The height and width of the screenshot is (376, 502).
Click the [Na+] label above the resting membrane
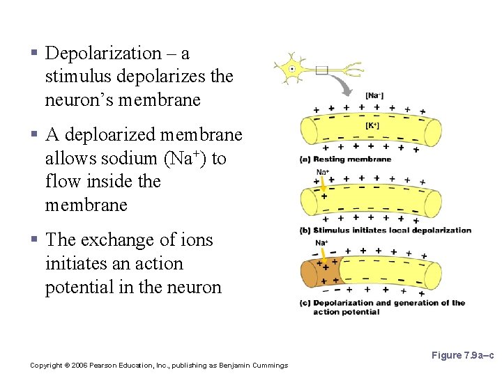[x=374, y=95]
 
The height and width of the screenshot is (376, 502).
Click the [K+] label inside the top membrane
[x=372, y=126]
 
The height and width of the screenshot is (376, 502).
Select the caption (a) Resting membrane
[x=345, y=159]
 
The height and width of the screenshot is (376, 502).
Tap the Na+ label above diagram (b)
[x=323, y=172]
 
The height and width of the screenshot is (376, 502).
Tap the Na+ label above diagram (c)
[x=321, y=242]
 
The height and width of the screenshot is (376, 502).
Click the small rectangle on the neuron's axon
[x=321, y=70]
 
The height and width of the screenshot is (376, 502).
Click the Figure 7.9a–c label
[x=462, y=356]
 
